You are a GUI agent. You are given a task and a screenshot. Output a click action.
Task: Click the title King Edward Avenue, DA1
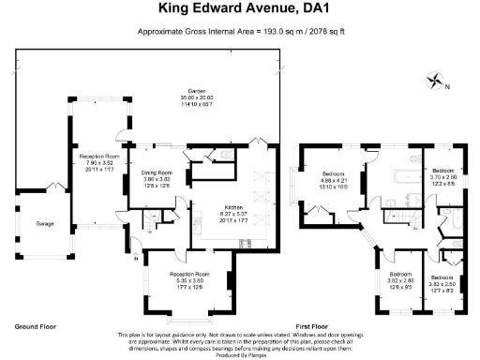pyautogui.click(x=240, y=11)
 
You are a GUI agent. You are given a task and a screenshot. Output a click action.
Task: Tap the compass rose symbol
pyautogui.click(x=435, y=80)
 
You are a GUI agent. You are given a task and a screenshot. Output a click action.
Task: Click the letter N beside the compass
pyautogui.click(x=447, y=86)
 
